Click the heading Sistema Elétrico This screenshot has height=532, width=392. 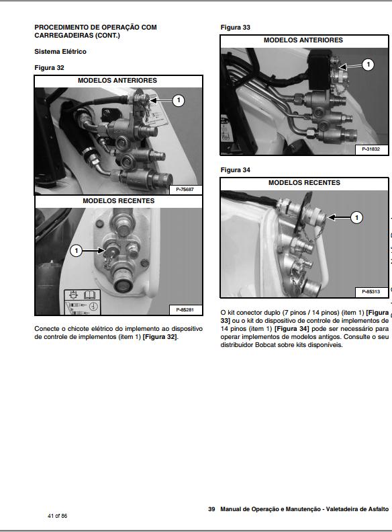click(60, 52)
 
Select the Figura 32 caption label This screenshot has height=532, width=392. click(49, 67)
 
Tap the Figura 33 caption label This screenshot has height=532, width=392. click(236, 28)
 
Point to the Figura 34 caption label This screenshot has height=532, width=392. click(236, 170)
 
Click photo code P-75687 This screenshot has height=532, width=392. click(185, 190)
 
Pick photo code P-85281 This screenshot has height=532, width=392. click(185, 310)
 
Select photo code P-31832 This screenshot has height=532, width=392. click(371, 149)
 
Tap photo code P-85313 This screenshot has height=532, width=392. click(371, 291)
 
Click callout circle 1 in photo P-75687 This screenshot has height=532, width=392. click(179, 100)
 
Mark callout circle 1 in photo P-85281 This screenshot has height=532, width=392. click(76, 251)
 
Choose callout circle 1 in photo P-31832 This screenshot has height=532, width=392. click(368, 65)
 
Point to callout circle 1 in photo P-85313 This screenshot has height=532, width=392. click(356, 217)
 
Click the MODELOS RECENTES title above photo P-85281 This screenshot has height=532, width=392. click(119, 201)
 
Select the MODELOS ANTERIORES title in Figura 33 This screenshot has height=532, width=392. click(303, 40)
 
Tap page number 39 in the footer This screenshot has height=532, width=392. click(211, 509)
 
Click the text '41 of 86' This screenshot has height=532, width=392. click(58, 516)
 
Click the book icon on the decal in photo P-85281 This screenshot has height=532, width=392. click(90, 295)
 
